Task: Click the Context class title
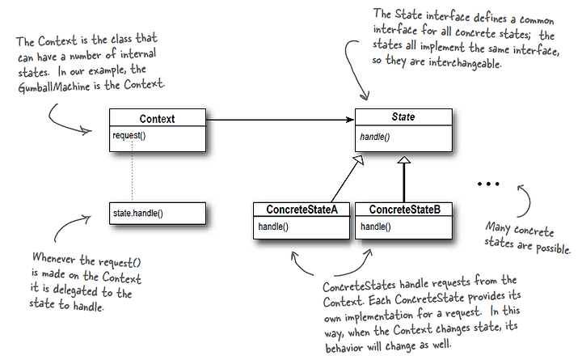[157, 119]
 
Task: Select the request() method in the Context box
[129, 136]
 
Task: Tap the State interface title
[403, 116]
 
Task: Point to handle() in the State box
[375, 137]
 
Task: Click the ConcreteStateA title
[302, 210]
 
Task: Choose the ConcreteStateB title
[405, 210]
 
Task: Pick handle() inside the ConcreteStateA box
[273, 227]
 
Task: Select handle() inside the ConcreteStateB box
[376, 227]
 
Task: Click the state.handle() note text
[138, 214]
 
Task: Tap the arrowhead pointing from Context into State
[350, 120]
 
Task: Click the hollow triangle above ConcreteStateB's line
[404, 159]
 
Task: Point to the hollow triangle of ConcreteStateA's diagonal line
[359, 160]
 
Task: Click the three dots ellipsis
[488, 184]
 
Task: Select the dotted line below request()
[132, 172]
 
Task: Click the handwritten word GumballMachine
[54, 87]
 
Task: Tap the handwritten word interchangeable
[465, 63]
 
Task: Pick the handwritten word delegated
[76, 290]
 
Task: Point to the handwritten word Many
[497, 227]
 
